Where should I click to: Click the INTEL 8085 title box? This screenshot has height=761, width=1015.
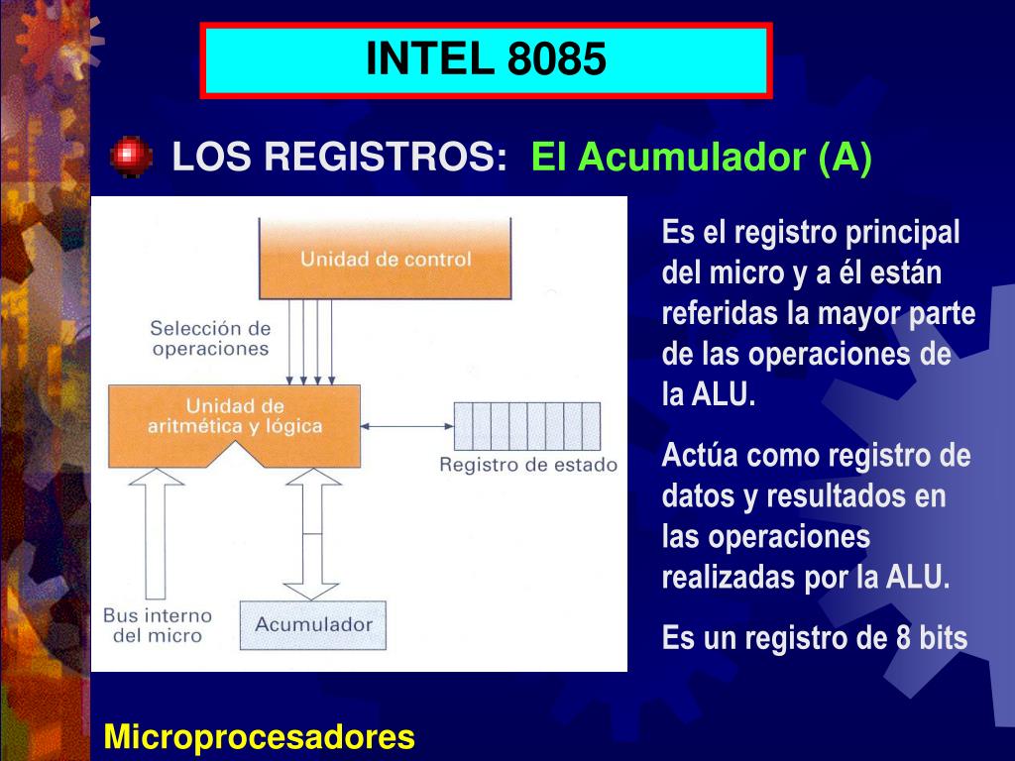pyautogui.click(x=486, y=60)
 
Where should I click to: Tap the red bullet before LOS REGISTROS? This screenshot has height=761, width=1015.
pyautogui.click(x=131, y=158)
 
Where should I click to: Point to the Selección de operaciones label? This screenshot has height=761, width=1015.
pyautogui.click(x=210, y=338)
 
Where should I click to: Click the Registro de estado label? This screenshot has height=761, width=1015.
pyautogui.click(x=528, y=465)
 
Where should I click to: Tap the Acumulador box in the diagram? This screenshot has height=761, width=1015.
pyautogui.click(x=313, y=624)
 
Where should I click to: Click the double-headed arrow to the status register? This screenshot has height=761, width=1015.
pyautogui.click(x=406, y=426)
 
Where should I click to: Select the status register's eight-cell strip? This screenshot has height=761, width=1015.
pyautogui.click(x=526, y=426)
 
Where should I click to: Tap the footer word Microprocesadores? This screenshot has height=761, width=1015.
pyautogui.click(x=260, y=737)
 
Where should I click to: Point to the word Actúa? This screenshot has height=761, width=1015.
pyautogui.click(x=700, y=457)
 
